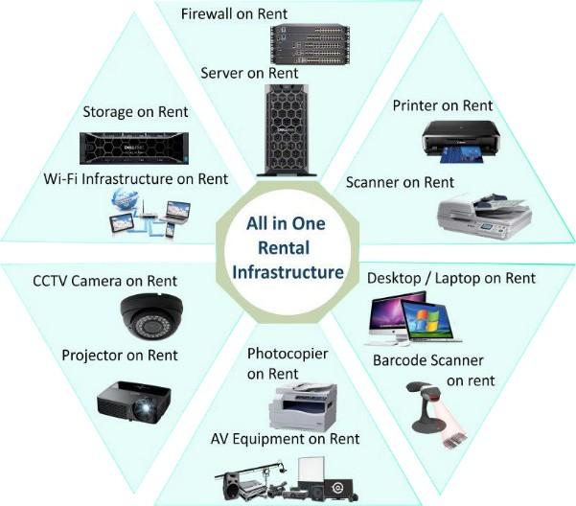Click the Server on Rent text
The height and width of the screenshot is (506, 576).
[249, 73]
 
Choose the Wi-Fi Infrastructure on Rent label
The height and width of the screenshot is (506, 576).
[135, 178]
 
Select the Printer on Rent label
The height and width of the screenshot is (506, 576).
[443, 104]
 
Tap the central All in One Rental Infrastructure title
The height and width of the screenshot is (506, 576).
[288, 247]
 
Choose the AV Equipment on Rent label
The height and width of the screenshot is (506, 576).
[286, 439]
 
